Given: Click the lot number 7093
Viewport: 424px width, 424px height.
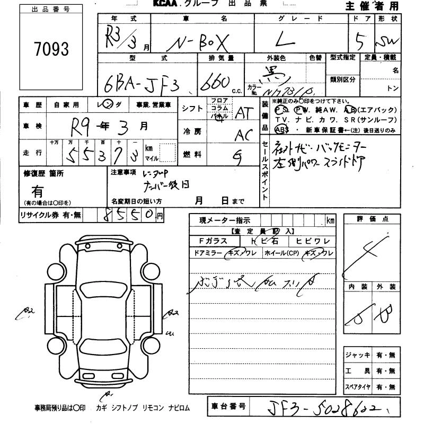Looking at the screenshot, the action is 51,50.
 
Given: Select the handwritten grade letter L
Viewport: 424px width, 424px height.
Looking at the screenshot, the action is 303,39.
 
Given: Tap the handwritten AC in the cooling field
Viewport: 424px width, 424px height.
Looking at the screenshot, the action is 243,135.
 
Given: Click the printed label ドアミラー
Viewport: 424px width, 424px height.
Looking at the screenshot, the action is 208,254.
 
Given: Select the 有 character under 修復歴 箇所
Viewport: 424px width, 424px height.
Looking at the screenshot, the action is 38,191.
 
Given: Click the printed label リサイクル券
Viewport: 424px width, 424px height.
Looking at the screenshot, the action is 37,215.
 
